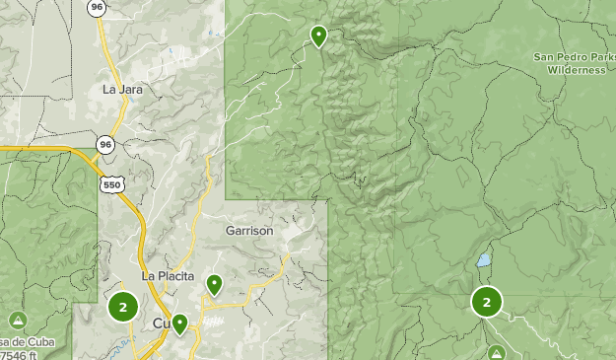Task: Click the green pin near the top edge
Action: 318,36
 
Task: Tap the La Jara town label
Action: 123,89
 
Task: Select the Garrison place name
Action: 248,230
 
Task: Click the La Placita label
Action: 168,276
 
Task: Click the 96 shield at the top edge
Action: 96,7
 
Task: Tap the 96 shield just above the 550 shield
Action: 104,145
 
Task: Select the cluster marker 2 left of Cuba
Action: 122,307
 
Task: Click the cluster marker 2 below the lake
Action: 487,302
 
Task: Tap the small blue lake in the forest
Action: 483,261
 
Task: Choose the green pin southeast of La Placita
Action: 214,285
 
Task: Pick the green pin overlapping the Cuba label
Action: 179,324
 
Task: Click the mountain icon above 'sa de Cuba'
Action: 18,321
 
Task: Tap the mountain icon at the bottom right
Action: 497,352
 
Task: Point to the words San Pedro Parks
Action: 575,57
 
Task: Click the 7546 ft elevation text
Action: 22,354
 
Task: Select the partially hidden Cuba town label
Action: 161,324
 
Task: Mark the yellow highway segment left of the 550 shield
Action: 49,150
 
